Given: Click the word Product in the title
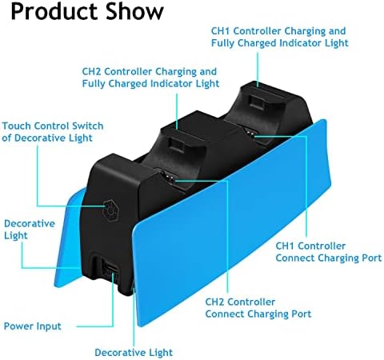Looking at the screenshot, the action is (x=54, y=13).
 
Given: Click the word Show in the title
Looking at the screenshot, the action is (x=134, y=11).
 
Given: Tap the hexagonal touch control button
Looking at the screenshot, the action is (x=110, y=210).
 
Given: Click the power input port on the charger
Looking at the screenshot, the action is (x=110, y=268).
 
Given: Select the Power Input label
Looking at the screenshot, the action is (x=33, y=326).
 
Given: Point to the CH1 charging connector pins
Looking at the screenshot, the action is (x=250, y=133).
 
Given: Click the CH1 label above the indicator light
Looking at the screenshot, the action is (x=280, y=37).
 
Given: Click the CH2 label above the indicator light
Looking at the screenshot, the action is (x=150, y=78).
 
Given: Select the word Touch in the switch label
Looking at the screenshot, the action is (x=17, y=126).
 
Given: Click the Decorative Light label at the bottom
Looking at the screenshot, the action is (x=134, y=353).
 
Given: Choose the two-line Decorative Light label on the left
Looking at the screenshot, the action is (x=30, y=230).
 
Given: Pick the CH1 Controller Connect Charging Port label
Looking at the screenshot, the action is (x=329, y=252).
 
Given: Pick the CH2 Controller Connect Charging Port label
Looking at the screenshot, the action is (x=258, y=308).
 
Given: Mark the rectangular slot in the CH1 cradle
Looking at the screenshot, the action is (x=257, y=102).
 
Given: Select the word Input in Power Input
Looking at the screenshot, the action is (x=49, y=326).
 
